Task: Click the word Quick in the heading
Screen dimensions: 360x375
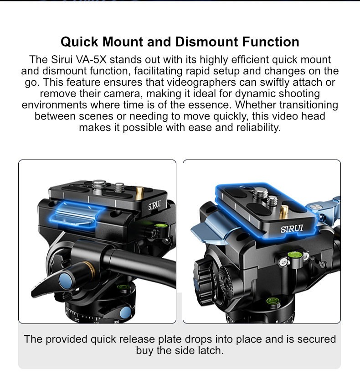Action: point(79,42)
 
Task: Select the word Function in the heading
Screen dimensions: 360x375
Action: point(271,42)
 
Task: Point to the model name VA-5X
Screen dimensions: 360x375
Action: point(91,60)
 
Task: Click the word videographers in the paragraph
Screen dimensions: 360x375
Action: point(201,83)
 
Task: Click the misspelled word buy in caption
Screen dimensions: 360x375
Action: point(144,351)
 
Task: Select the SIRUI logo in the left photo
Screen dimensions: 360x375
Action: point(154,205)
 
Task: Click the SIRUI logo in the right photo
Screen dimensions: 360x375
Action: point(292,229)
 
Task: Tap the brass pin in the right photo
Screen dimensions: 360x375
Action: point(283,211)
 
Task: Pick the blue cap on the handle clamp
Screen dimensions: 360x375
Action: point(66,281)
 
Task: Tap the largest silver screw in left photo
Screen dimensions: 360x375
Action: point(99,187)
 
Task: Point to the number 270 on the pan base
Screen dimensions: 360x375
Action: point(77,320)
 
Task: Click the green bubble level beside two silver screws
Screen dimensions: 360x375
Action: point(295,255)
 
